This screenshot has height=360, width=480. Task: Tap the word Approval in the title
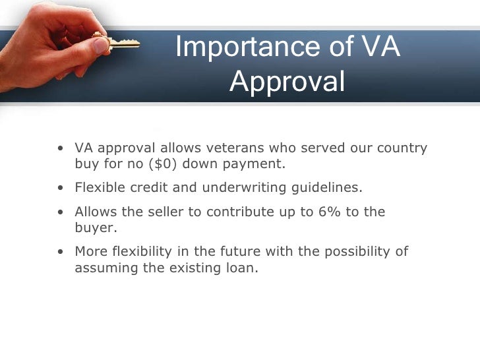288,82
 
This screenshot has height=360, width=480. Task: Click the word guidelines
327,188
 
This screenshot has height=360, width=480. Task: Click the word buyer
94,228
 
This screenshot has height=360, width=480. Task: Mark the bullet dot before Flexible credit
61,189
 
